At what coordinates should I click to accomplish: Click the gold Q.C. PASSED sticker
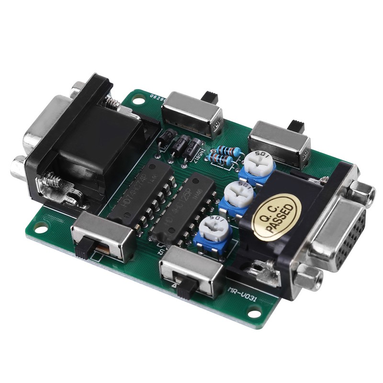click(277, 217)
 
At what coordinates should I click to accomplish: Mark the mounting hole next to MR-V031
click(254, 314)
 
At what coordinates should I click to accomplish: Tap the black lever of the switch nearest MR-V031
click(187, 285)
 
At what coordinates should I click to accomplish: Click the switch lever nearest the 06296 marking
click(209, 97)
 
